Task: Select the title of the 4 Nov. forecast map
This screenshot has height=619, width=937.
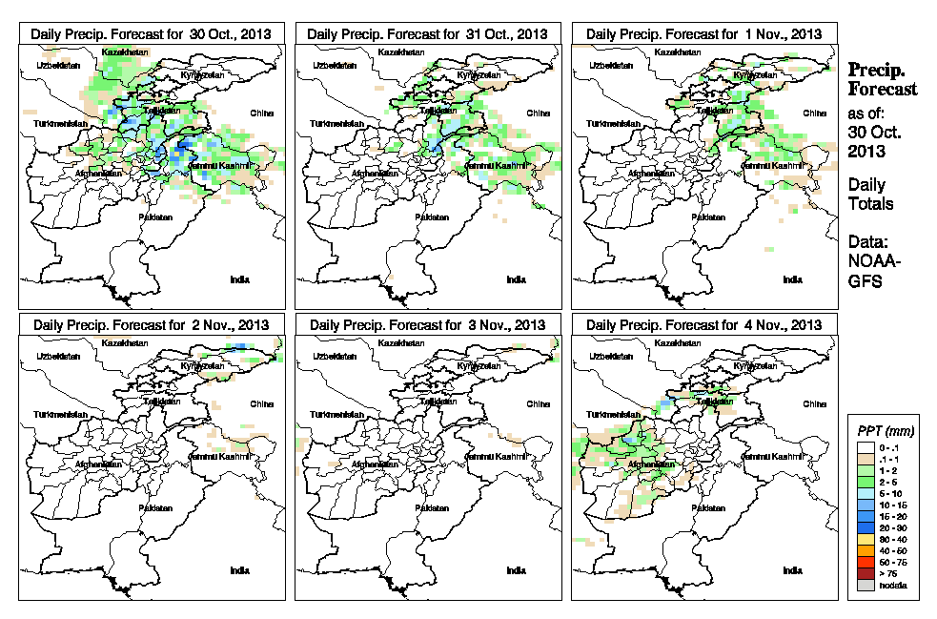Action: (705, 325)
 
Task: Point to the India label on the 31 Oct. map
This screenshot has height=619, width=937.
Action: (516, 279)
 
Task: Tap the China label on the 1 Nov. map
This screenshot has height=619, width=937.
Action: (814, 113)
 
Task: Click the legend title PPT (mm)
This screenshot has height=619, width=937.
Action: (886, 431)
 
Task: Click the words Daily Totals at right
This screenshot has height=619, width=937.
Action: (870, 194)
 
